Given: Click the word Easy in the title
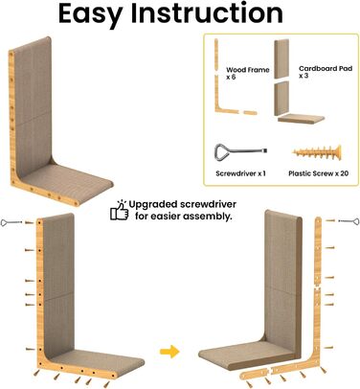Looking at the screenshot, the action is pyautogui.click(x=90, y=14).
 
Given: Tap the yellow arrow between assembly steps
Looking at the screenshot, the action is pyautogui.click(x=169, y=352).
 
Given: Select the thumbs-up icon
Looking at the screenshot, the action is pyautogui.click(x=119, y=211).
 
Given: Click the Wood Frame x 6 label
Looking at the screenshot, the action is pyautogui.click(x=248, y=73).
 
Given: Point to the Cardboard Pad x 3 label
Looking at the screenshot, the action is pyautogui.click(x=326, y=72).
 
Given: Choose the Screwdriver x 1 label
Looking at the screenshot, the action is pyautogui.click(x=240, y=173).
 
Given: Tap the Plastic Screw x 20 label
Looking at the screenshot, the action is pyautogui.click(x=318, y=173).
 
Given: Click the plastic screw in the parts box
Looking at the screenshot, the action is pyautogui.click(x=317, y=152).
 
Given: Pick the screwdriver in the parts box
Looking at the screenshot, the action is pyautogui.click(x=240, y=151).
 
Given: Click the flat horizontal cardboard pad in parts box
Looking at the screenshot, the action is pyautogui.click(x=301, y=119).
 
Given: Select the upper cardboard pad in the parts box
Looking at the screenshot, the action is pyautogui.click(x=281, y=59).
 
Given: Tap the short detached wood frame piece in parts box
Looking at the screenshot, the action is pyautogui.click(x=250, y=112).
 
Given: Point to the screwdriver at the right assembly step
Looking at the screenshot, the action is pyautogui.click(x=349, y=221).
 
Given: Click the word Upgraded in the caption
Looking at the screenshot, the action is pyautogui.click(x=153, y=205).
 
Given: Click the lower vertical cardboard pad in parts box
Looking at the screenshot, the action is pyautogui.click(x=281, y=99).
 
